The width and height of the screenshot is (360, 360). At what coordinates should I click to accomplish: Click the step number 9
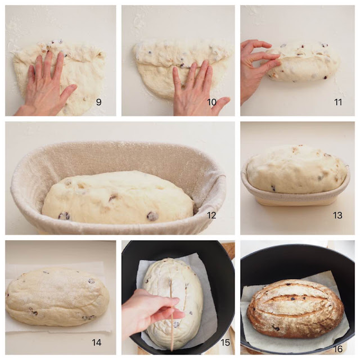click(99, 102)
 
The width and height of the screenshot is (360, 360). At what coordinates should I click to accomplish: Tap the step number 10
click(211, 102)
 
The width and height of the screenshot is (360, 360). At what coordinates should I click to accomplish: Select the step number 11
click(338, 102)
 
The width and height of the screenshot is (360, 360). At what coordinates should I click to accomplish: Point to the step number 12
click(211, 215)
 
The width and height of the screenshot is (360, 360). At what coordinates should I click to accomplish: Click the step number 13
click(337, 215)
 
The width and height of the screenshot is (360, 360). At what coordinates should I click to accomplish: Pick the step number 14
click(96, 343)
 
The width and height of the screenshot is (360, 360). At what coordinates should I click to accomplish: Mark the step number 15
click(225, 343)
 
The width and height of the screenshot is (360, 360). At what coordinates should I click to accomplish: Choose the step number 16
click(338, 349)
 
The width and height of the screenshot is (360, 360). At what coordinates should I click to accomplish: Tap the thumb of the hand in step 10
click(221, 103)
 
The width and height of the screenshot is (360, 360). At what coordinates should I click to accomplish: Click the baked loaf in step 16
click(295, 308)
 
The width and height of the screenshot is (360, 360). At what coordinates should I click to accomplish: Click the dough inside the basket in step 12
click(118, 197)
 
